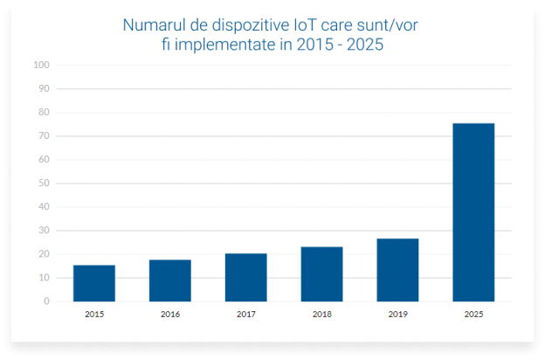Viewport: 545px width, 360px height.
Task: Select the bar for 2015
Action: (x=94, y=283)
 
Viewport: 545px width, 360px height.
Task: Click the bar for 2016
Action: (x=169, y=280)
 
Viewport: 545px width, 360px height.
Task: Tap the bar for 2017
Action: (x=245, y=277)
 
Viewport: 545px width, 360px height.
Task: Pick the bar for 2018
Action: (x=321, y=274)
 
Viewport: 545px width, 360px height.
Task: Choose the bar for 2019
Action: (x=397, y=270)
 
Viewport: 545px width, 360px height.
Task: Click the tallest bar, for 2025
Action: (x=473, y=212)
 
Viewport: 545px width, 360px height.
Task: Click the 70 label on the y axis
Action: (x=44, y=136)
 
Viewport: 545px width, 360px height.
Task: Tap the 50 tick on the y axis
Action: (x=44, y=183)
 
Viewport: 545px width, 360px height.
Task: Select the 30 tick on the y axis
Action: (x=44, y=231)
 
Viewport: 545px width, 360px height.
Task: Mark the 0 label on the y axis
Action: (x=46, y=301)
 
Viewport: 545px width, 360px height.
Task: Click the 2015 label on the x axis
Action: (x=94, y=313)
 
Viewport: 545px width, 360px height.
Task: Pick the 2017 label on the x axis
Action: (x=245, y=313)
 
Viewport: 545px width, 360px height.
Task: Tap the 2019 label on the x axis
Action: (x=397, y=313)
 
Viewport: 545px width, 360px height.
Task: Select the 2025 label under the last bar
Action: (x=473, y=313)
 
